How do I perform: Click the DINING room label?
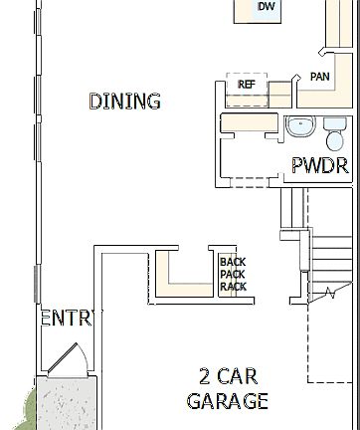click(125, 102)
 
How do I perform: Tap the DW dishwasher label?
click(266, 8)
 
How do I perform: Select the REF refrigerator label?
click(247, 86)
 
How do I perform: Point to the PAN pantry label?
click(319, 77)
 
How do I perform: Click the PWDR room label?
click(319, 166)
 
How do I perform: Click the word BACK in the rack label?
click(232, 263)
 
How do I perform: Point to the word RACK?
click(232, 287)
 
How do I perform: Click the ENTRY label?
click(66, 319)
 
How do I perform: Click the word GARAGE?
click(227, 401)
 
